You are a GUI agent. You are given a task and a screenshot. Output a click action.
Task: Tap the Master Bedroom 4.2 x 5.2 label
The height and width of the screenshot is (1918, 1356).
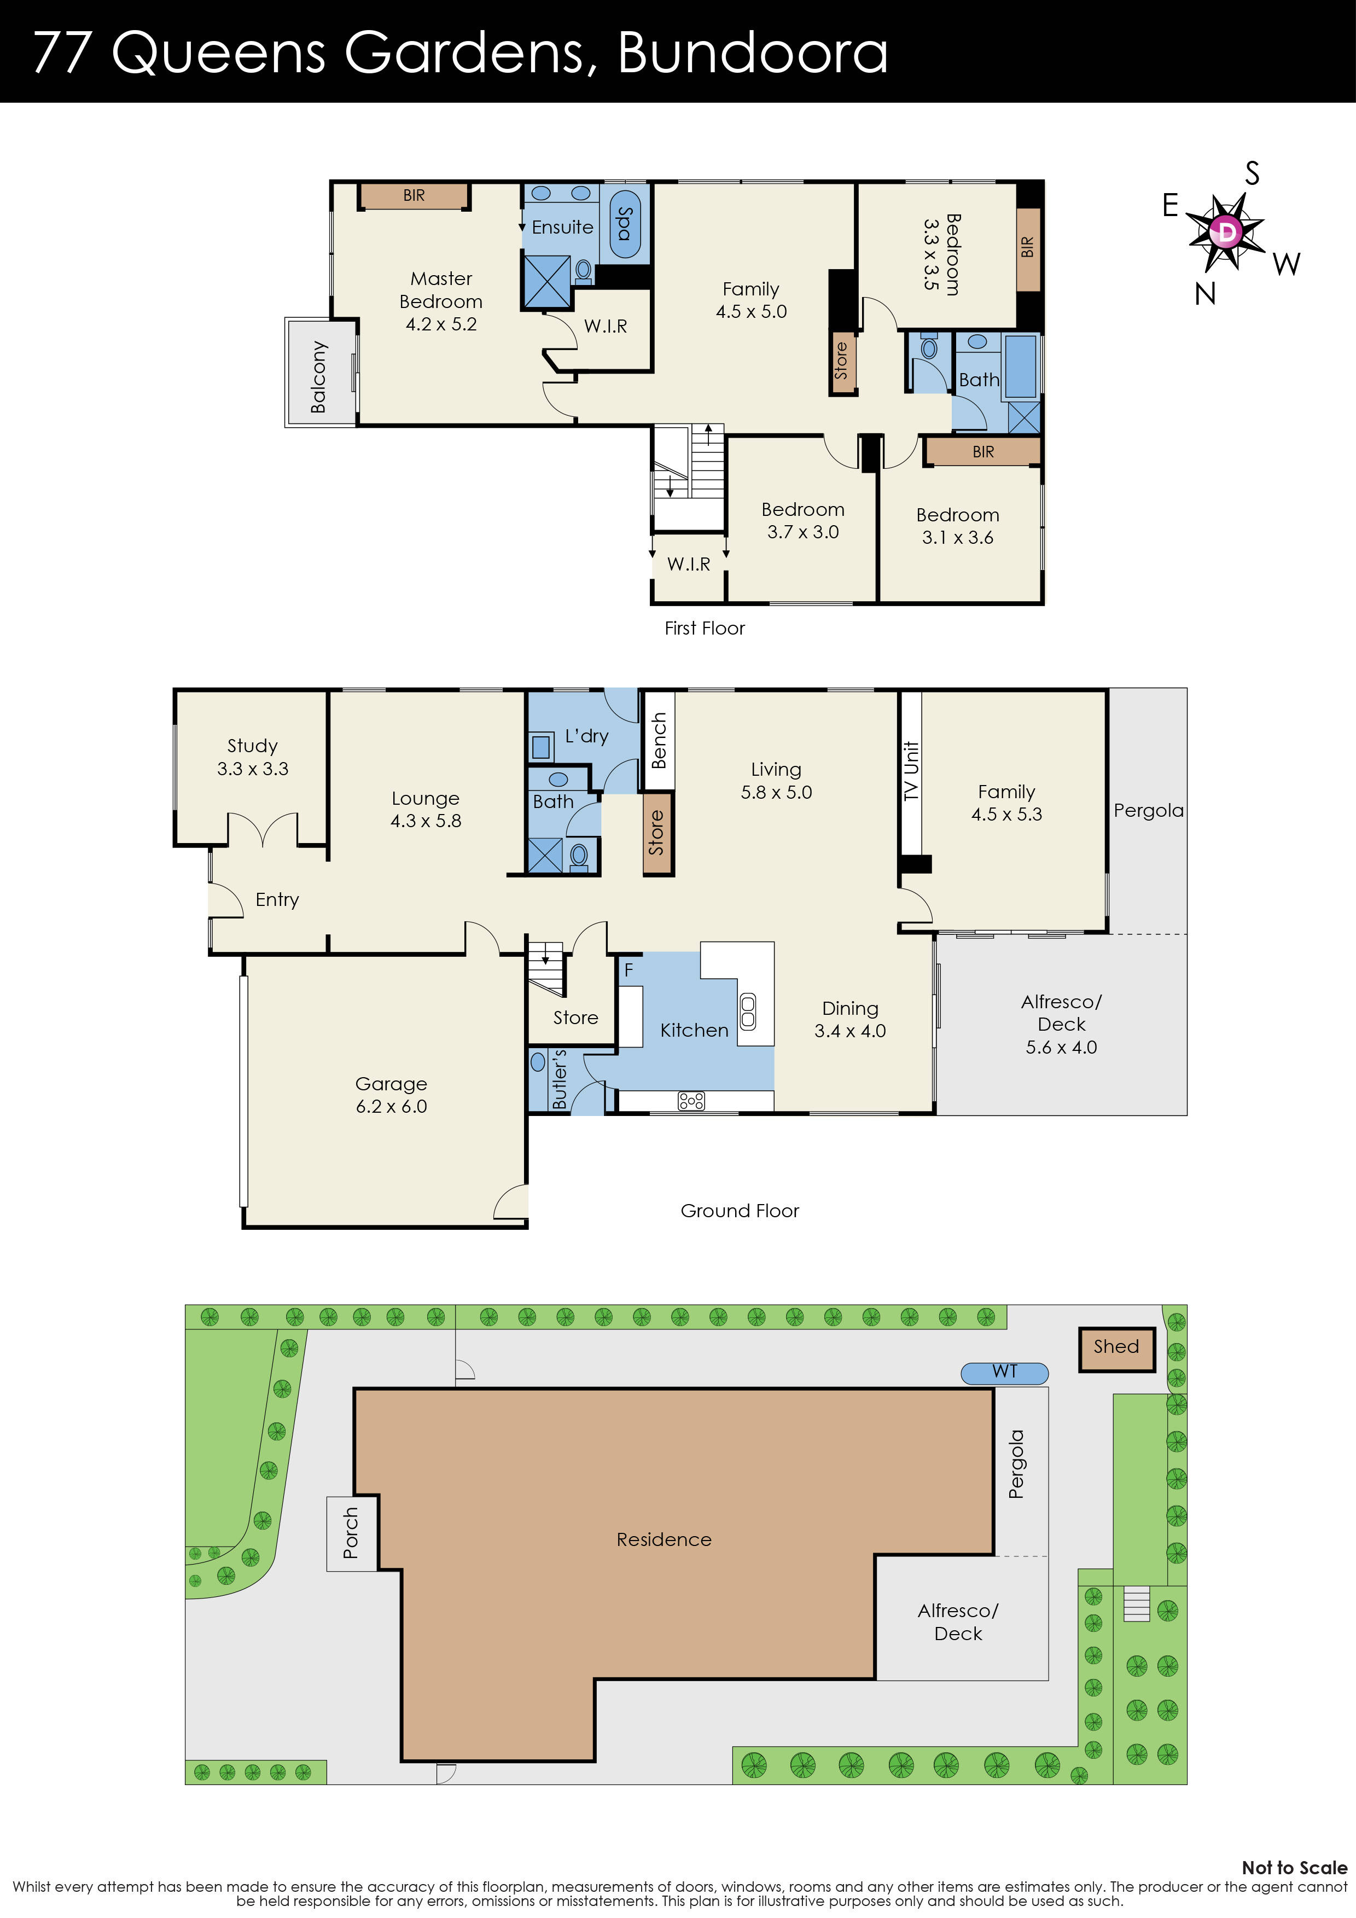coord(441,301)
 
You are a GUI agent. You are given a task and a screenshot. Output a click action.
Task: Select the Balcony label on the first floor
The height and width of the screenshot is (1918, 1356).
coord(318,377)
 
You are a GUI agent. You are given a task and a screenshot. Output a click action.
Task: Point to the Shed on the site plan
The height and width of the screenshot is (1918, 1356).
coord(1116,1347)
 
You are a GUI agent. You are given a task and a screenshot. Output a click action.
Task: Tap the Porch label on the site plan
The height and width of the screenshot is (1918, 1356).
coord(351,1533)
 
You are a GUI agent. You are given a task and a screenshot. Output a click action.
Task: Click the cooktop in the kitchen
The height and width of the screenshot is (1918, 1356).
coord(691,1101)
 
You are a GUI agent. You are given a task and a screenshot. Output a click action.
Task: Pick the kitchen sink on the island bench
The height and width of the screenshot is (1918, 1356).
coord(748,1011)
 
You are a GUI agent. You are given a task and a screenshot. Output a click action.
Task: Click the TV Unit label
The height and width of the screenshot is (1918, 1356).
coord(911,771)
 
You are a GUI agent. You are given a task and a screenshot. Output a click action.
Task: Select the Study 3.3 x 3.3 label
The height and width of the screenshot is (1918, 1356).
coord(252,757)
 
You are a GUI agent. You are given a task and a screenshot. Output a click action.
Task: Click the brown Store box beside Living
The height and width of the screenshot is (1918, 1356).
coord(657,833)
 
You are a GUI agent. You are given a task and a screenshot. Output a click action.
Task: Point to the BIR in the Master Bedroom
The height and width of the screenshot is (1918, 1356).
coord(414,195)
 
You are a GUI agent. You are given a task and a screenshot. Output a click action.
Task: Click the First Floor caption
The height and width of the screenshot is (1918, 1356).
coord(705,628)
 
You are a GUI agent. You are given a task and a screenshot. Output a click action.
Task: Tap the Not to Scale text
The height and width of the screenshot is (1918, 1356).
coord(1293,1868)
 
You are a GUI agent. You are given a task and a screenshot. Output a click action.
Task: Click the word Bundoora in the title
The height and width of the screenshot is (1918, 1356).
coord(752,52)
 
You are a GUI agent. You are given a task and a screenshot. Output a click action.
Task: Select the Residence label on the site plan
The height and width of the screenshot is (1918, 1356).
coord(664,1539)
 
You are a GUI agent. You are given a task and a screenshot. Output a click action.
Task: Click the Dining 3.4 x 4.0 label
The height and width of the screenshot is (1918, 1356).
coord(849,1019)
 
